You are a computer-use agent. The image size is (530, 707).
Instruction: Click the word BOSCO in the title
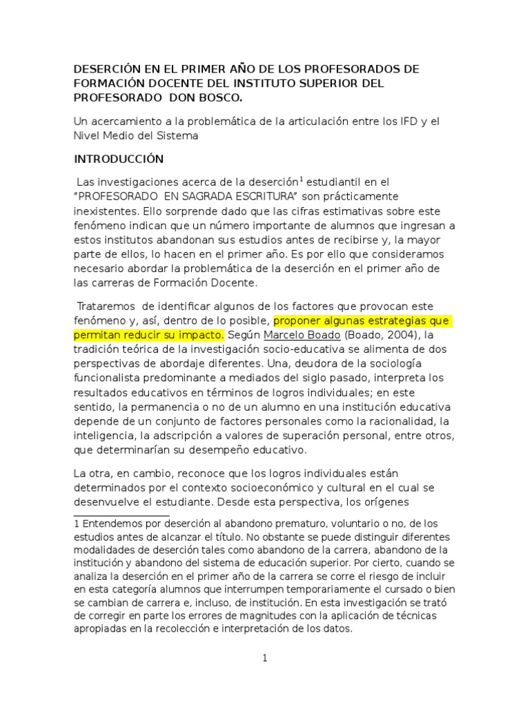(x=222, y=98)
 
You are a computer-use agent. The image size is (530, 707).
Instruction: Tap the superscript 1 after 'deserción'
(x=302, y=179)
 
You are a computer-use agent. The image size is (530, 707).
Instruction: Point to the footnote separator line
(x=121, y=516)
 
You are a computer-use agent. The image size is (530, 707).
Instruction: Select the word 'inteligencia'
(x=105, y=436)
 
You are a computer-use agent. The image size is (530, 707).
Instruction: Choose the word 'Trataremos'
(x=105, y=306)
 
